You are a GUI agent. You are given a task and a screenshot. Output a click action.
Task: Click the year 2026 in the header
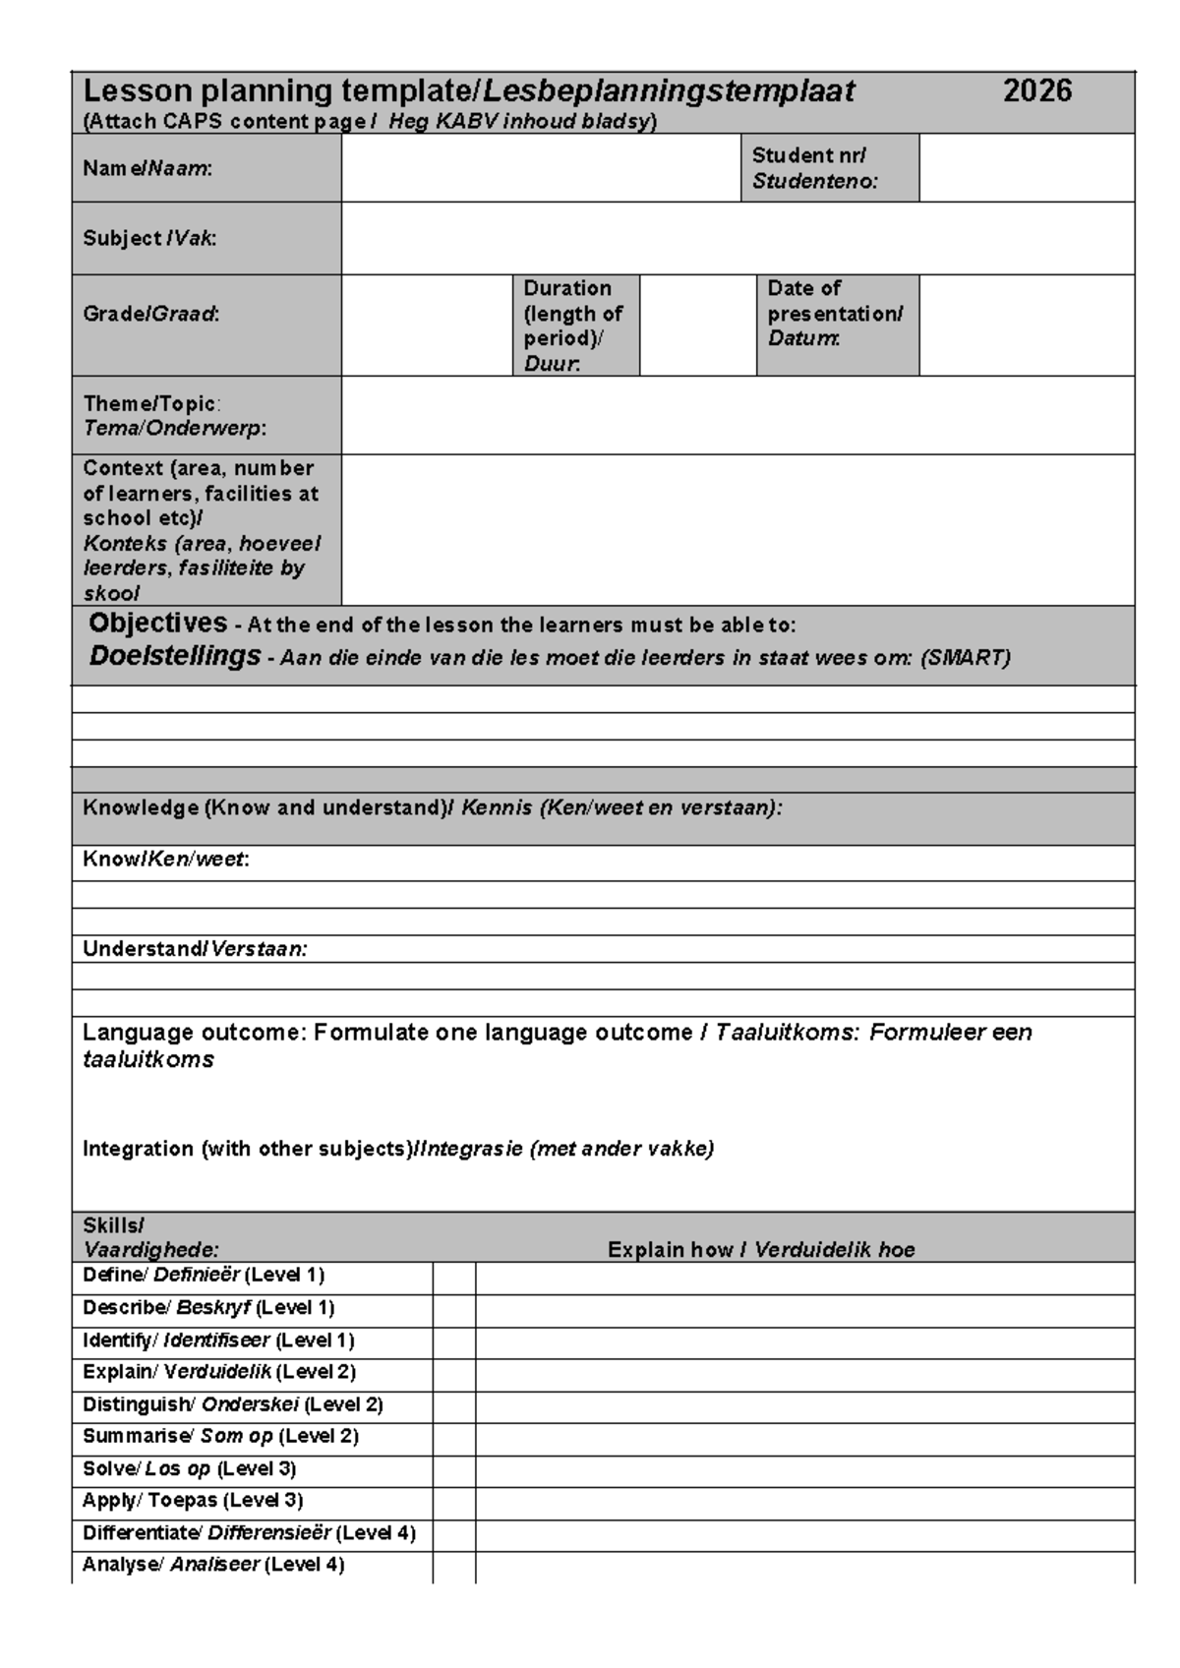pyautogui.click(x=1036, y=91)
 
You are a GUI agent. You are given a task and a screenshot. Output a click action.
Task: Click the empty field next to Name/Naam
pyautogui.click(x=540, y=168)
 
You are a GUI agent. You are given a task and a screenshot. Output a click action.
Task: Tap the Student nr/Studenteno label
pyautogui.click(x=815, y=168)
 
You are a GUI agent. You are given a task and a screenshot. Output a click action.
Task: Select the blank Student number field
pyautogui.click(x=1026, y=168)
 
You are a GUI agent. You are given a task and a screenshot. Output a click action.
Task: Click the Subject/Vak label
pyautogui.click(x=149, y=238)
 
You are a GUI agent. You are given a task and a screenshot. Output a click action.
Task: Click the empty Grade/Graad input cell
pyautogui.click(x=426, y=326)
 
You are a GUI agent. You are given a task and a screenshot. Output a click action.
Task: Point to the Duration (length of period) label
pyautogui.click(x=573, y=326)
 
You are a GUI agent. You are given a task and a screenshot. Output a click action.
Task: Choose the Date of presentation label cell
pyautogui.click(x=836, y=315)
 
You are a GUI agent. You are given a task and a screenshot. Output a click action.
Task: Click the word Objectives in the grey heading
pyautogui.click(x=158, y=624)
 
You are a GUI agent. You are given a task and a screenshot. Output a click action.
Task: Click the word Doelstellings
pyautogui.click(x=175, y=656)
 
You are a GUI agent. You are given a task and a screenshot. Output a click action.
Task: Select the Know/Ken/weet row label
pyautogui.click(x=165, y=860)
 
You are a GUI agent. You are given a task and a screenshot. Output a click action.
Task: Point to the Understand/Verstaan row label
pyautogui.click(x=195, y=949)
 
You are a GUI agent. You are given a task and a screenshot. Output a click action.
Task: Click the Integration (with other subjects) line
pyautogui.click(x=398, y=1149)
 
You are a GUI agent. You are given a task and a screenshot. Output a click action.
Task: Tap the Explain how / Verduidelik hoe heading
pyautogui.click(x=761, y=1250)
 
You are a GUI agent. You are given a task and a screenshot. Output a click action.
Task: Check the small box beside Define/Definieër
pyautogui.click(x=453, y=1278)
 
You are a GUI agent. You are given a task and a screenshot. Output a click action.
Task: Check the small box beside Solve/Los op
pyautogui.click(x=453, y=1470)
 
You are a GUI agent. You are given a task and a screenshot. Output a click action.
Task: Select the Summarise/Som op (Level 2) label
pyautogui.click(x=220, y=1437)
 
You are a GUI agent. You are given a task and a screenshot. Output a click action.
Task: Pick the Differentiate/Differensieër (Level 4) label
pyautogui.click(x=249, y=1533)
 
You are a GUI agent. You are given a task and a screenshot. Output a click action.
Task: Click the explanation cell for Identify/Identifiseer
pyautogui.click(x=804, y=1342)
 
